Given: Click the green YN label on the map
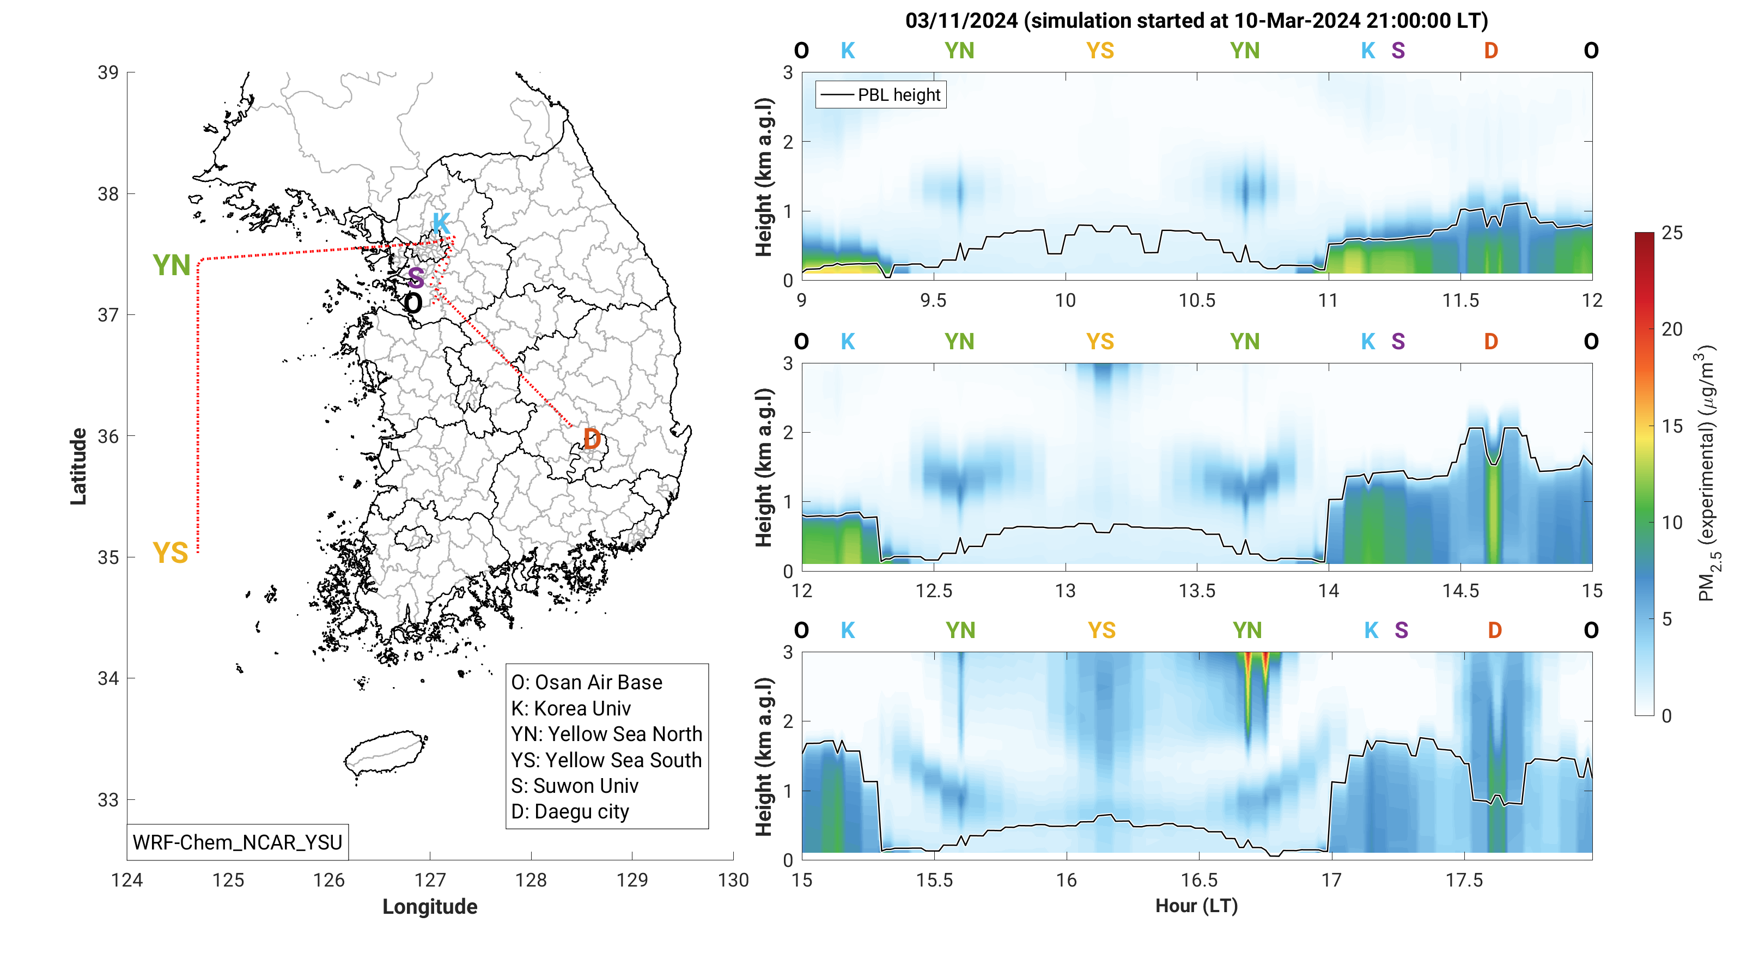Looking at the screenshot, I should pyautogui.click(x=172, y=266).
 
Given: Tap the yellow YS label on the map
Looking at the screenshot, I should pyautogui.click(x=170, y=553).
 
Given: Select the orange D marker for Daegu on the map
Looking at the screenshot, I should pyautogui.click(x=592, y=439).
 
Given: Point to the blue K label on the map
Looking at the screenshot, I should pyautogui.click(x=441, y=223).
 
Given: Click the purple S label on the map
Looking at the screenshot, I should pyautogui.click(x=416, y=278).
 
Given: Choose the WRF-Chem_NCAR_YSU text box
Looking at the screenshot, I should pyautogui.click(x=237, y=842).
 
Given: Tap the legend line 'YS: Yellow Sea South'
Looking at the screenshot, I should pyautogui.click(x=606, y=760).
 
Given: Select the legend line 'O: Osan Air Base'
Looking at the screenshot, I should pyautogui.click(x=587, y=682).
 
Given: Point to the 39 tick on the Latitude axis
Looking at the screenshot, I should pyautogui.click(x=108, y=72).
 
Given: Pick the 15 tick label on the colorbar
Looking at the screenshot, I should pyautogui.click(x=1672, y=426).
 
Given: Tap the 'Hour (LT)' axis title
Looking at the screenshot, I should pyautogui.click(x=1196, y=906).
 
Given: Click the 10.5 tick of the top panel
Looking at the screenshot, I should pyautogui.click(x=1196, y=300).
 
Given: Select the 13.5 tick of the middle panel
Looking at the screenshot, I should pyautogui.click(x=1196, y=591).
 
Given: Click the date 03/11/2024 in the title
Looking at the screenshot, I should pyautogui.click(x=961, y=21).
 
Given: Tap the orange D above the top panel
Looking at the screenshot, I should pyautogui.click(x=1490, y=51).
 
